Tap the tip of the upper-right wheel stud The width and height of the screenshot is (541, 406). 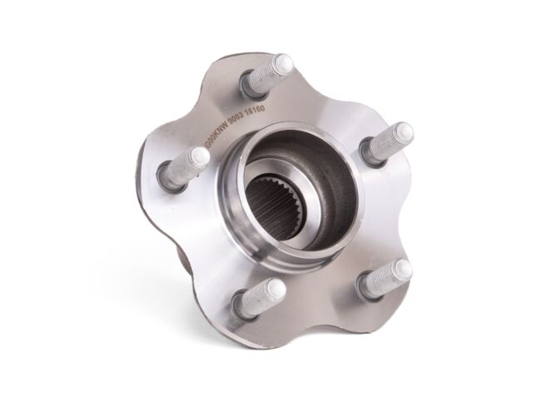(402, 131)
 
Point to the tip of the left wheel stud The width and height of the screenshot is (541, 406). (198, 156)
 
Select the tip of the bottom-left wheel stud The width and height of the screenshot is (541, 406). (275, 288)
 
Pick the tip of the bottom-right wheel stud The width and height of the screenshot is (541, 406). (403, 269)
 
